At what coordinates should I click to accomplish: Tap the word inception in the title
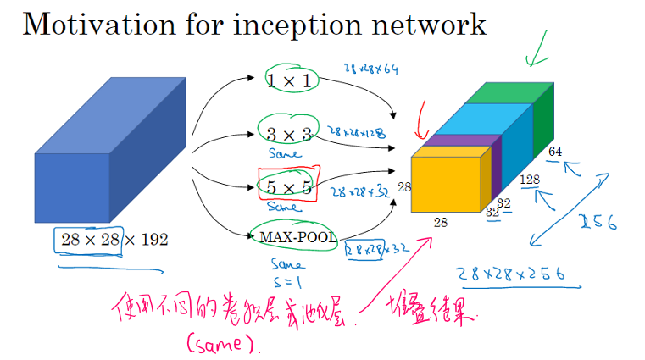[x=275, y=25]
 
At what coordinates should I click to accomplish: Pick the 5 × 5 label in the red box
[x=285, y=183]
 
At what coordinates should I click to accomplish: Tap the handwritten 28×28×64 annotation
[x=370, y=69]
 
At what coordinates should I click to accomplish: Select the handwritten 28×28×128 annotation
[x=356, y=133]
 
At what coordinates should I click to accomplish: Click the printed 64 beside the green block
[x=555, y=152]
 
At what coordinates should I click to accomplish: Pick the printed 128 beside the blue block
[x=530, y=180]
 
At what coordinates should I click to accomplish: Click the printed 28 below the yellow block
[x=441, y=222]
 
